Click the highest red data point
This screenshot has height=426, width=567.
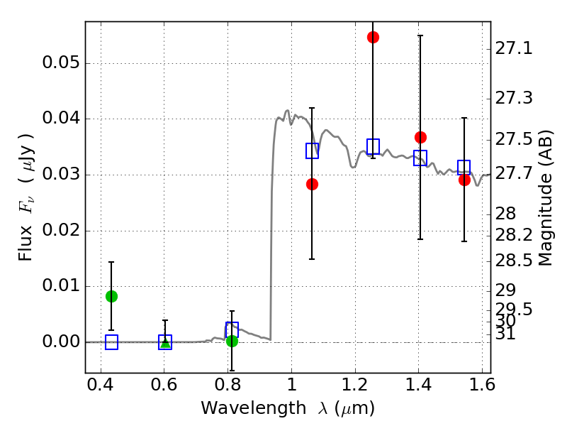click(373, 37)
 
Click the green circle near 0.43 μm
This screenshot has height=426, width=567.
click(111, 296)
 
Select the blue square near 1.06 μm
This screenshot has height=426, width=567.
click(312, 151)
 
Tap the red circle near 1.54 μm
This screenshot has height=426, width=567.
click(464, 180)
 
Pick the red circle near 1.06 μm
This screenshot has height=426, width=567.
click(312, 184)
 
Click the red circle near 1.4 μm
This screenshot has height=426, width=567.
click(420, 137)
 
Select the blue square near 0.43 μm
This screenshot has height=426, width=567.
click(111, 342)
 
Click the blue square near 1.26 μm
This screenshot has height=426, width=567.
click(373, 146)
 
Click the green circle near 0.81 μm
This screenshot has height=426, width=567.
click(232, 341)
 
